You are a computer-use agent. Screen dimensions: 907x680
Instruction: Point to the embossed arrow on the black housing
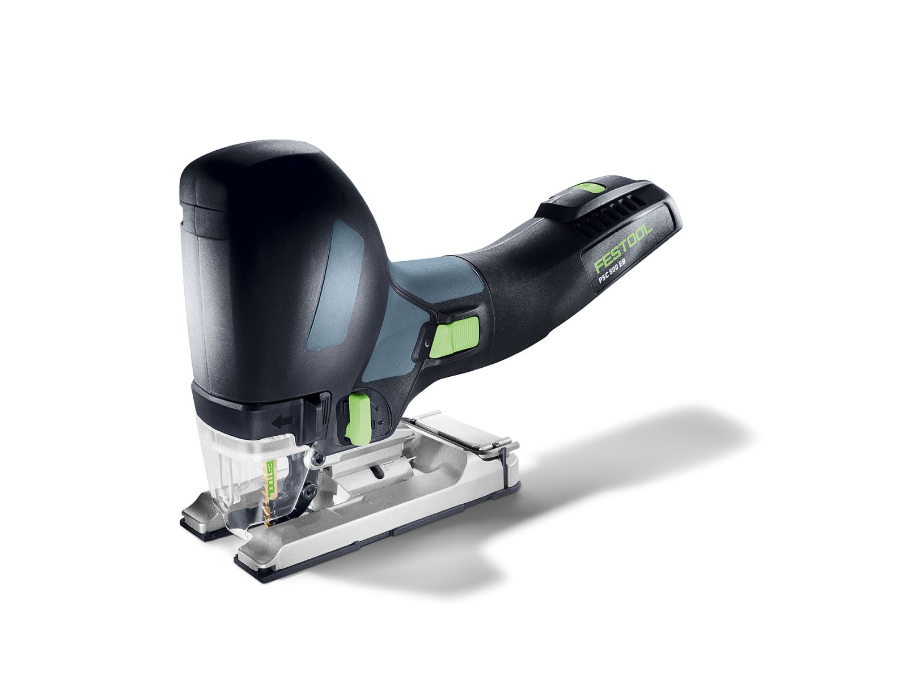284,420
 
